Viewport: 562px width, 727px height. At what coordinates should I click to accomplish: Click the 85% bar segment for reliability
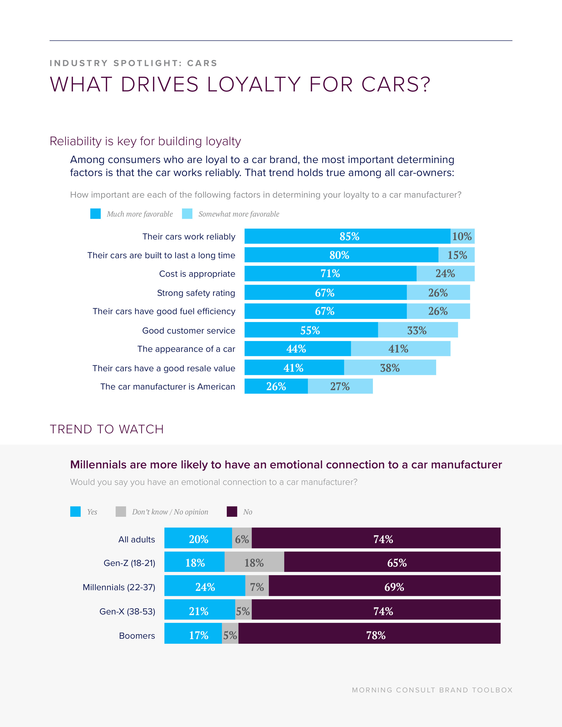tap(347, 236)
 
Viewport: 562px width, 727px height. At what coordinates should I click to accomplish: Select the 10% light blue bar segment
tap(462, 236)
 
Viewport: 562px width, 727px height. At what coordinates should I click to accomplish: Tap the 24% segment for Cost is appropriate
tap(445, 274)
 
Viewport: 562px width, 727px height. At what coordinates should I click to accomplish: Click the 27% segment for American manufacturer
tap(340, 386)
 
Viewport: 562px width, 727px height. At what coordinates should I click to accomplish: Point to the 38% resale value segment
tap(390, 368)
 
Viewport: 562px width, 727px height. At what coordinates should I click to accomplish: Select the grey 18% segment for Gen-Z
tap(254, 563)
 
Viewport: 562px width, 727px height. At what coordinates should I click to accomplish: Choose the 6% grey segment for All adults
tap(242, 539)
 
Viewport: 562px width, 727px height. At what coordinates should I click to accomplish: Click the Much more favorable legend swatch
tap(96, 214)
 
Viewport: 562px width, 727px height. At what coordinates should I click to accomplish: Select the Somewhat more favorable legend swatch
tap(187, 214)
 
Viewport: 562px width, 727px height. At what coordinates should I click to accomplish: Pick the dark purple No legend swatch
tap(232, 512)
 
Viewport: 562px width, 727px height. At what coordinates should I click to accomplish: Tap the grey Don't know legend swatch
tap(121, 512)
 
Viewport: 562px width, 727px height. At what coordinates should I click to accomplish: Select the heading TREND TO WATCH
tap(106, 429)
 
